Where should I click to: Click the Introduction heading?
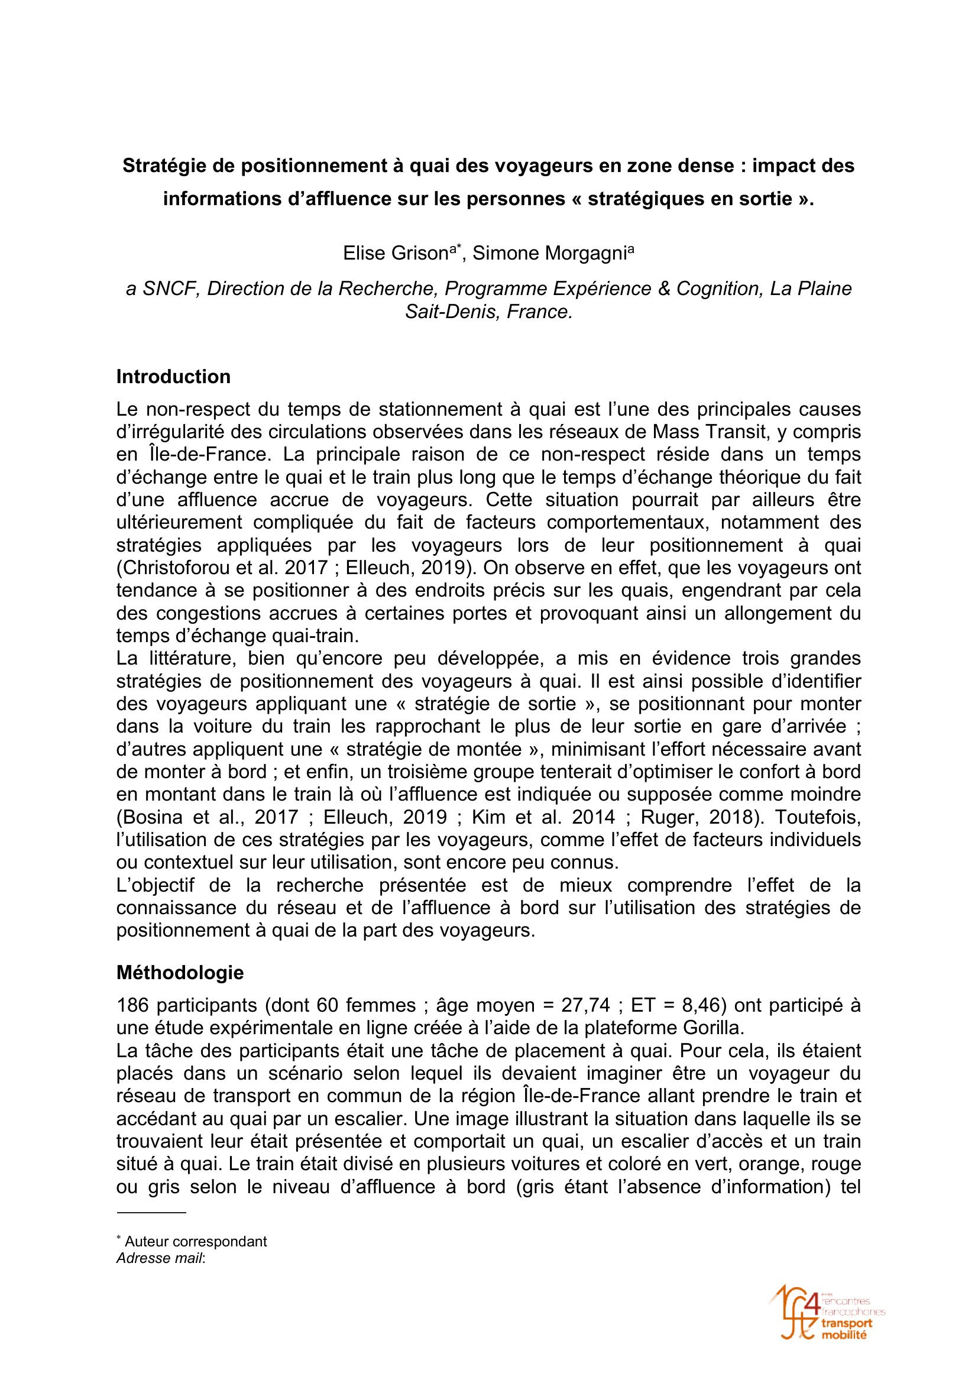click(x=173, y=377)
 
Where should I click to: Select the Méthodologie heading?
click(x=180, y=972)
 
